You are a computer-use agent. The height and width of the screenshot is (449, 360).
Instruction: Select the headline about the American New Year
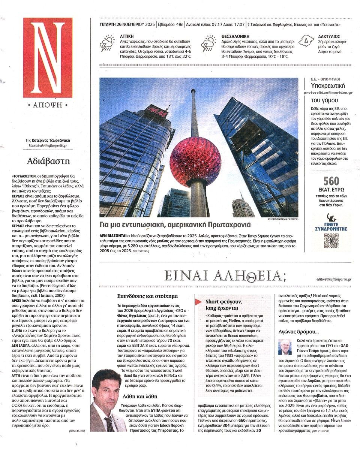175,225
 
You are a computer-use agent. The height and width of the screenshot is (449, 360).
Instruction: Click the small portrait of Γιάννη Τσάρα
285,347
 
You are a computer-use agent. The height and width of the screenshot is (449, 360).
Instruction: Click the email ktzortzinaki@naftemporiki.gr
48,145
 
